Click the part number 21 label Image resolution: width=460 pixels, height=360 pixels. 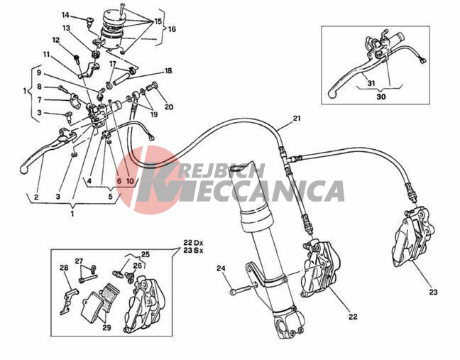(x=297, y=119)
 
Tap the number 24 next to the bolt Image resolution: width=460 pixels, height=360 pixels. (x=221, y=268)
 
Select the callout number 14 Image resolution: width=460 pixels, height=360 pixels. (x=66, y=15)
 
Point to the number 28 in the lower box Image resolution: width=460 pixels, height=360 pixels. (x=64, y=268)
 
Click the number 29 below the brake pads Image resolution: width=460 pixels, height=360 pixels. (x=106, y=327)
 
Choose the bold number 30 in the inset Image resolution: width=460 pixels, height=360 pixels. (x=381, y=97)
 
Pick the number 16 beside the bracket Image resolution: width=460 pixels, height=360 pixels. (x=172, y=29)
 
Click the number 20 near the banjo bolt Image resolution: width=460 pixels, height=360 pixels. (x=169, y=107)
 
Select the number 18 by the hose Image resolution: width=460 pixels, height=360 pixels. (x=168, y=71)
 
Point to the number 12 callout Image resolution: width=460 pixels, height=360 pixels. (x=57, y=40)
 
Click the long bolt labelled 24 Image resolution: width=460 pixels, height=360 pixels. (x=242, y=288)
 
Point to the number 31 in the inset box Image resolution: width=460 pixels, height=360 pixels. (x=371, y=83)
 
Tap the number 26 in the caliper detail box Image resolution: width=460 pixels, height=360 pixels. (x=137, y=266)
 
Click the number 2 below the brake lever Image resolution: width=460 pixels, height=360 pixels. (x=36, y=197)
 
